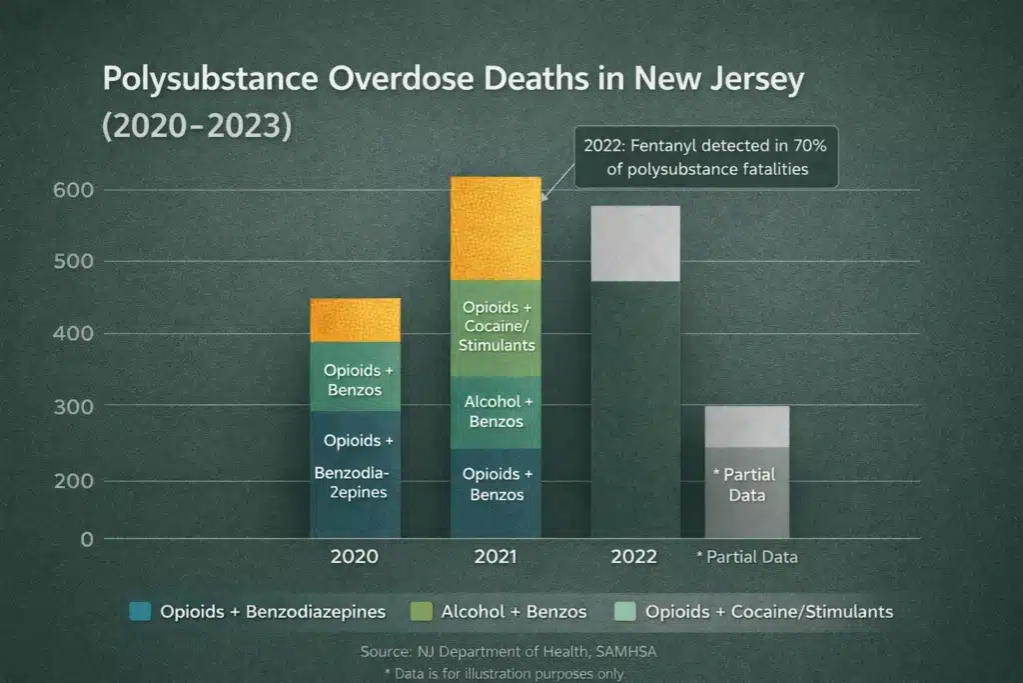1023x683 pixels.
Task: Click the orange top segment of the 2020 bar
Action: click(355, 320)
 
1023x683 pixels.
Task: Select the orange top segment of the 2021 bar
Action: click(496, 229)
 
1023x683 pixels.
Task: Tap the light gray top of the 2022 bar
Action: click(635, 243)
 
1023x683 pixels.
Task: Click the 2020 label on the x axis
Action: click(355, 557)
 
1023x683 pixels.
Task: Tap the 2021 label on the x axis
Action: click(495, 557)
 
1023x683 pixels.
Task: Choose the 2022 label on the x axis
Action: click(634, 557)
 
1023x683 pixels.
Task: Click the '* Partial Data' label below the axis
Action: click(746, 557)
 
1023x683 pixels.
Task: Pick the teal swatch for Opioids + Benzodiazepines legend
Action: click(141, 611)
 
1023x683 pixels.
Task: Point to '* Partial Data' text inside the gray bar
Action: click(744, 485)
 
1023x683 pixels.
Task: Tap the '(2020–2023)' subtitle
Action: click(196, 129)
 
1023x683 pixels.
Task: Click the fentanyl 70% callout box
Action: click(706, 158)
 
